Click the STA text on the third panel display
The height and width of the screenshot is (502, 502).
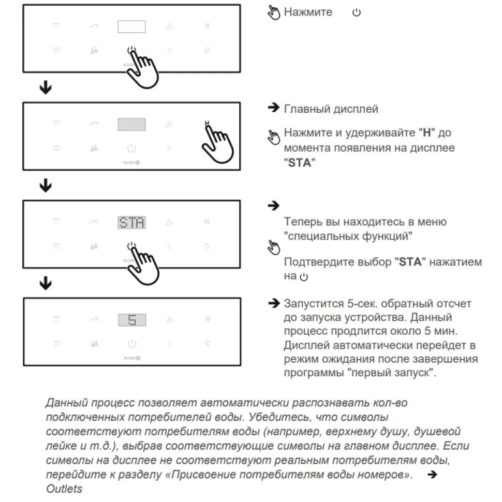[131, 223]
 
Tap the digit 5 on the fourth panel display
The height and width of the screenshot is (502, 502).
[131, 320]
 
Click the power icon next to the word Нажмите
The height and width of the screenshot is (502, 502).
[356, 12]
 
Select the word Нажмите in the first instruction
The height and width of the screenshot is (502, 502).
[308, 12]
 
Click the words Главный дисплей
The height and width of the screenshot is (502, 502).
[331, 109]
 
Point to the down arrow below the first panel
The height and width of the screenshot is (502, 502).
[46, 88]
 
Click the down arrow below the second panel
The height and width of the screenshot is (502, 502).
[46, 186]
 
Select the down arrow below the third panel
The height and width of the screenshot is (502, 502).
[46, 283]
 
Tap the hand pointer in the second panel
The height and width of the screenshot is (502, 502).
[218, 142]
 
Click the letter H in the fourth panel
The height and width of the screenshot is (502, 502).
[207, 319]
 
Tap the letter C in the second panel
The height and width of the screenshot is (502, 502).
[207, 148]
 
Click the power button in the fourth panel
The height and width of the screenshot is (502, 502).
[132, 343]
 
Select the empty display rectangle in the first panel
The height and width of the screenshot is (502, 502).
[131, 27]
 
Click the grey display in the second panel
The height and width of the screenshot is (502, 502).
[131, 125]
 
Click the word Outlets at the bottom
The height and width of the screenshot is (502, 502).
[64, 489]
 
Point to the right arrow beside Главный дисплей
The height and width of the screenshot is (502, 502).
[273, 108]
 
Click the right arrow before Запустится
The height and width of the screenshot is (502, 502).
[273, 303]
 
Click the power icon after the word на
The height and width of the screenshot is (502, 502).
[304, 277]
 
